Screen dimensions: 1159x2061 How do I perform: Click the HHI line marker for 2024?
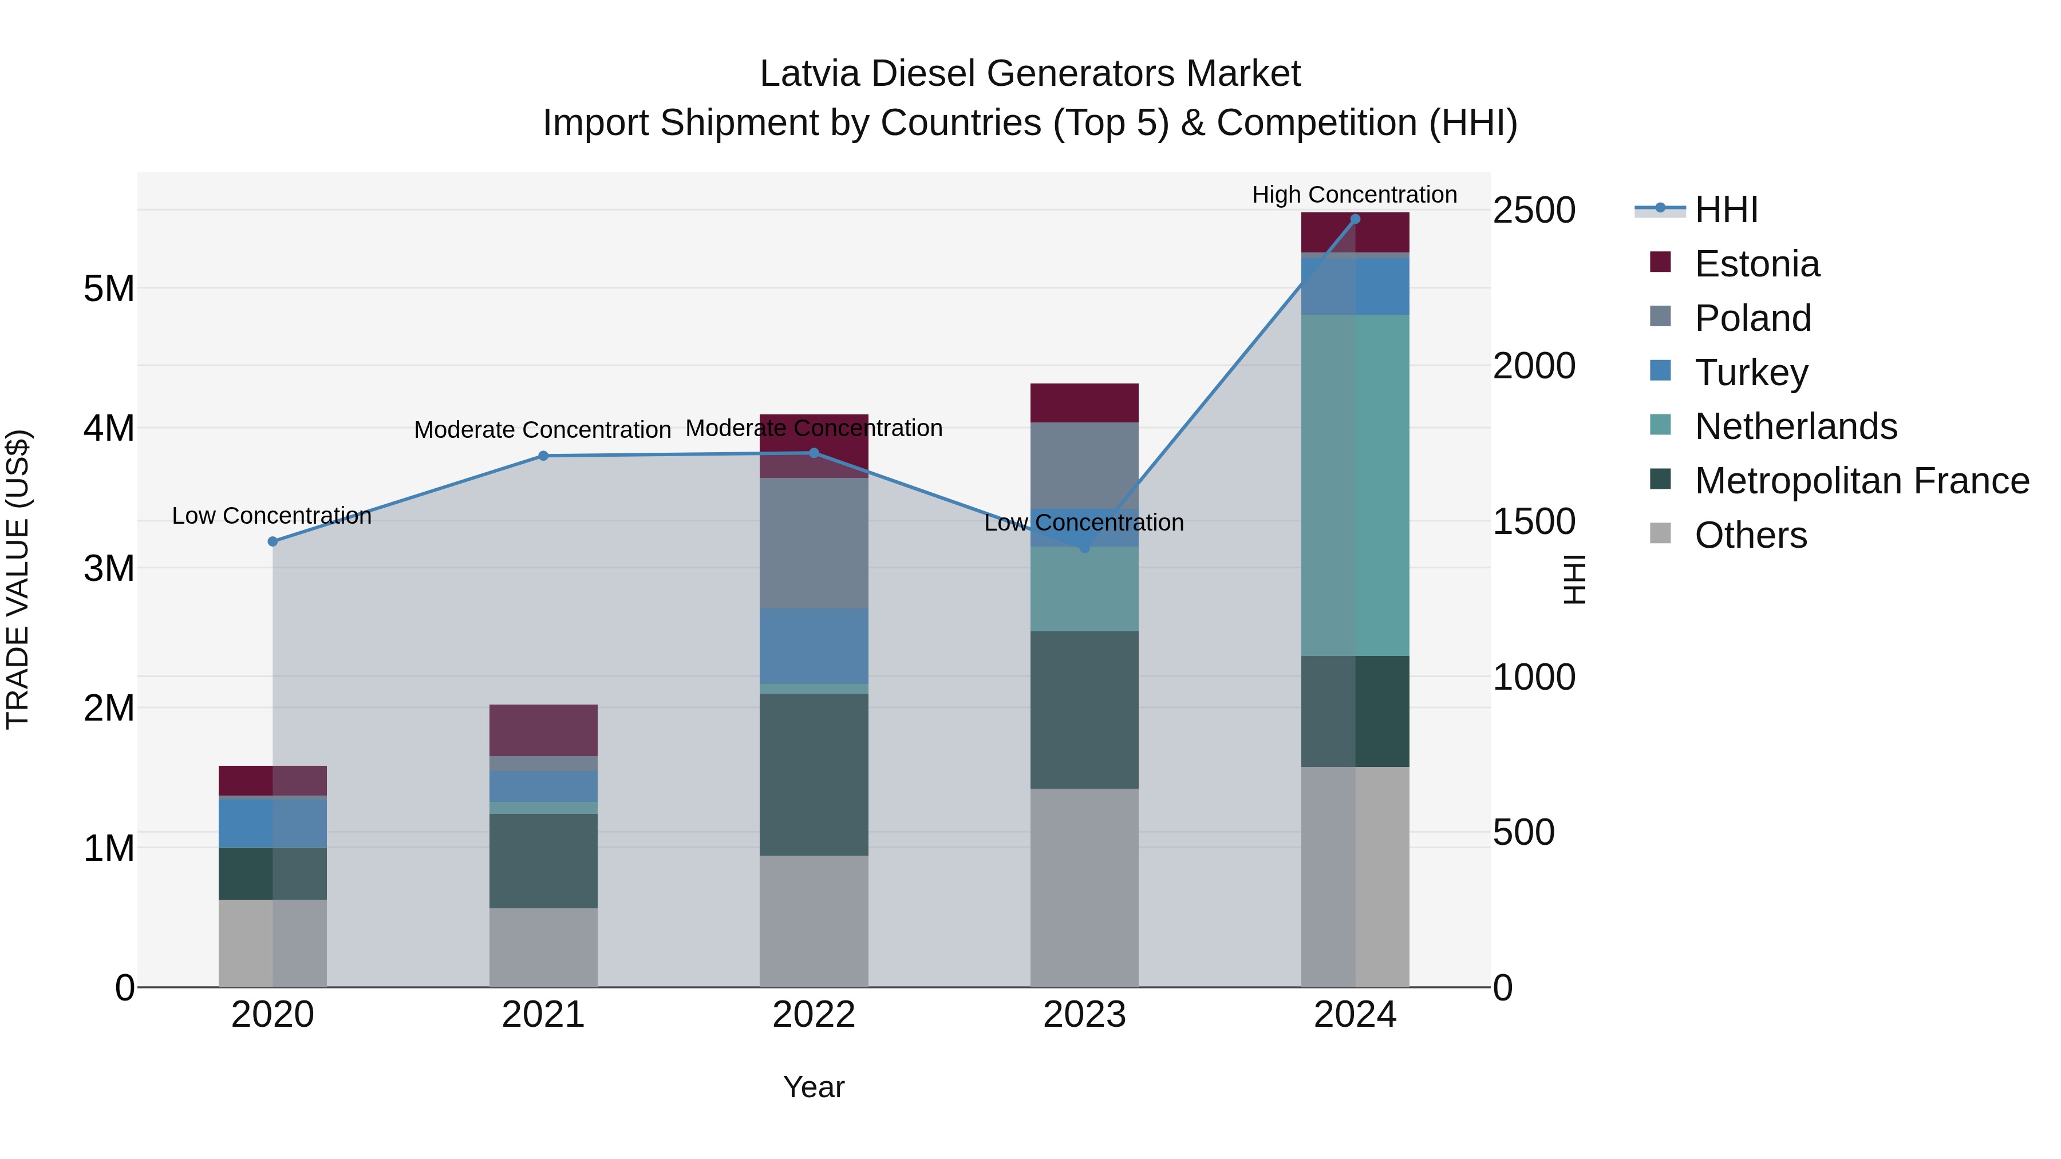click(x=1355, y=219)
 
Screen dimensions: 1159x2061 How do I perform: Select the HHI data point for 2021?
click(x=543, y=456)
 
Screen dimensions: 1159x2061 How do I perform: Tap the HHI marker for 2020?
click(x=273, y=541)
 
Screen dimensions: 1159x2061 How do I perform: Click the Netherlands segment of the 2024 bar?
click(x=1355, y=485)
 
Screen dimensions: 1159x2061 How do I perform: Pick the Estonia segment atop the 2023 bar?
click(x=1084, y=403)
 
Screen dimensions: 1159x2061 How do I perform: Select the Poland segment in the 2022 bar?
click(x=814, y=543)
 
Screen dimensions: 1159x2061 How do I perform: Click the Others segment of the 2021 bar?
click(x=543, y=947)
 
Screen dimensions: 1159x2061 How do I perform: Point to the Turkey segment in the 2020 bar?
click(x=273, y=823)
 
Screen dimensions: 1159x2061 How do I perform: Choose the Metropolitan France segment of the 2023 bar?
click(x=1084, y=710)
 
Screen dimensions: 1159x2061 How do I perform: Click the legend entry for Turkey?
click(x=1751, y=373)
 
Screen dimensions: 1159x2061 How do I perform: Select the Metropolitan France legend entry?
click(x=1861, y=481)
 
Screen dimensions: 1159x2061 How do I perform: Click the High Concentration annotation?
click(x=1354, y=195)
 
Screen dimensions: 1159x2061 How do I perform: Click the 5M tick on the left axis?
click(x=109, y=289)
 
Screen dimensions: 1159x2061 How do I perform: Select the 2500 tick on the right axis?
click(x=1534, y=211)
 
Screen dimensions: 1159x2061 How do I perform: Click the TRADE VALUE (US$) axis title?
click(x=18, y=579)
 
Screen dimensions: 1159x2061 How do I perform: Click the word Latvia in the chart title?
click(x=809, y=74)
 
